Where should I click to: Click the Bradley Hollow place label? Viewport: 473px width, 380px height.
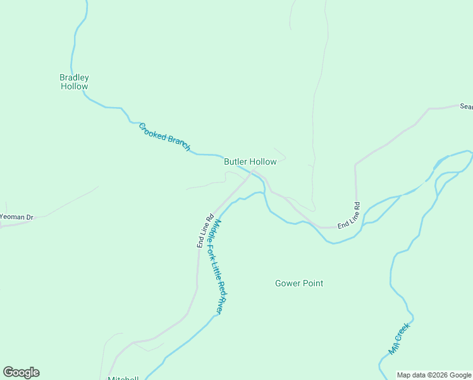point(74,82)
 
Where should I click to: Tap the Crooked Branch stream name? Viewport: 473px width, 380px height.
point(164,136)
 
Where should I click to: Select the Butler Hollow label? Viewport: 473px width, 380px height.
point(250,162)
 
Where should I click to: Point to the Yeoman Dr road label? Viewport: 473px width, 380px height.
point(16,217)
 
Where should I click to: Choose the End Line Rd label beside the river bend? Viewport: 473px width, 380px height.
point(348,216)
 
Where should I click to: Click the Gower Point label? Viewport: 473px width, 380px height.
point(299,283)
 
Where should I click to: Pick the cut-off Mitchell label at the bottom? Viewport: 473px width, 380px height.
point(123,378)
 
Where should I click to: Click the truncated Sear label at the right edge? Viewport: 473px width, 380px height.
point(466,107)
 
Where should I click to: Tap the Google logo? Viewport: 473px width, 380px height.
point(21,372)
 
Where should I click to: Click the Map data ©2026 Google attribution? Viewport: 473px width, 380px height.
point(434,375)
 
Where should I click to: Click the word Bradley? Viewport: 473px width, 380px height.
point(74,77)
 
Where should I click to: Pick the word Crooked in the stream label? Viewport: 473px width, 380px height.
point(152,130)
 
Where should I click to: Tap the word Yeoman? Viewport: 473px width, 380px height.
point(12,217)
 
